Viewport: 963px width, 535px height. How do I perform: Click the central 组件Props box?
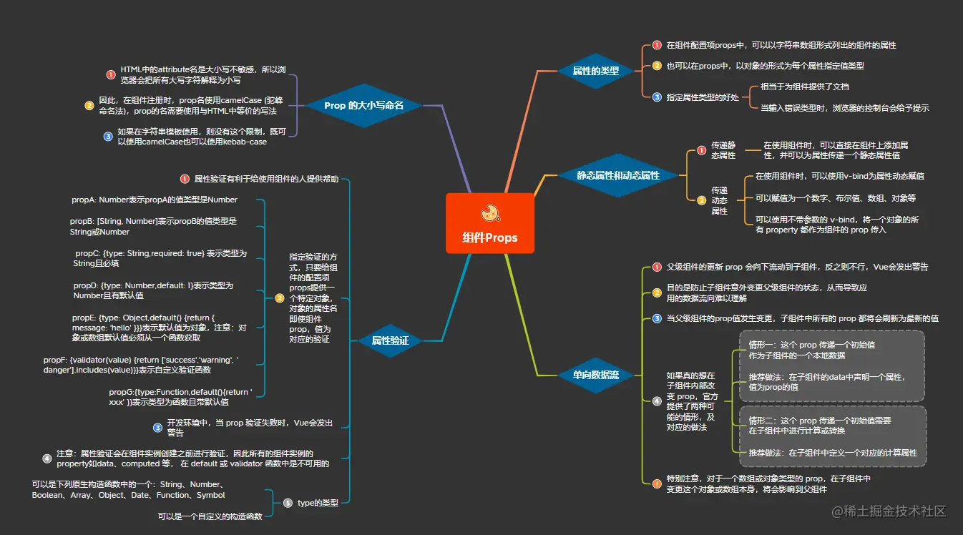[489, 223]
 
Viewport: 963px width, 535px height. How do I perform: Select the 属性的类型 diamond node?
[596, 71]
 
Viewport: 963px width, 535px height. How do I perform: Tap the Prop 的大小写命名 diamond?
[363, 105]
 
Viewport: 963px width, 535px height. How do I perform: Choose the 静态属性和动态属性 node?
[618, 175]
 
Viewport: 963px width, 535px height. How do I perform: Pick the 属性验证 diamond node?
[390, 340]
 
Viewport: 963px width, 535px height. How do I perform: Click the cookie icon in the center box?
[490, 212]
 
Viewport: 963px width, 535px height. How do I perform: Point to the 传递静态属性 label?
[723, 150]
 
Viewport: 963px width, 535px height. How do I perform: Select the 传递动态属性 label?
[719, 200]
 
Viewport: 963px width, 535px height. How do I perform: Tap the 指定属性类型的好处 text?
[703, 97]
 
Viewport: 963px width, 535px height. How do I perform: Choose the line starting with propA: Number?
[155, 200]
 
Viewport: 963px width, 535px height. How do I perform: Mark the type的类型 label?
[318, 503]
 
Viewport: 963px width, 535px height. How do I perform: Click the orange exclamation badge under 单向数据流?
[657, 484]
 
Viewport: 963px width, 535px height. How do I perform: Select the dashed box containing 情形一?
[831, 365]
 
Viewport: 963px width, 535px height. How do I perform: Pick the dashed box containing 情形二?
[831, 436]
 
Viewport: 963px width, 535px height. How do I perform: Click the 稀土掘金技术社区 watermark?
[888, 511]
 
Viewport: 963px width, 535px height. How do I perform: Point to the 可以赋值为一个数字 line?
[836, 198]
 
